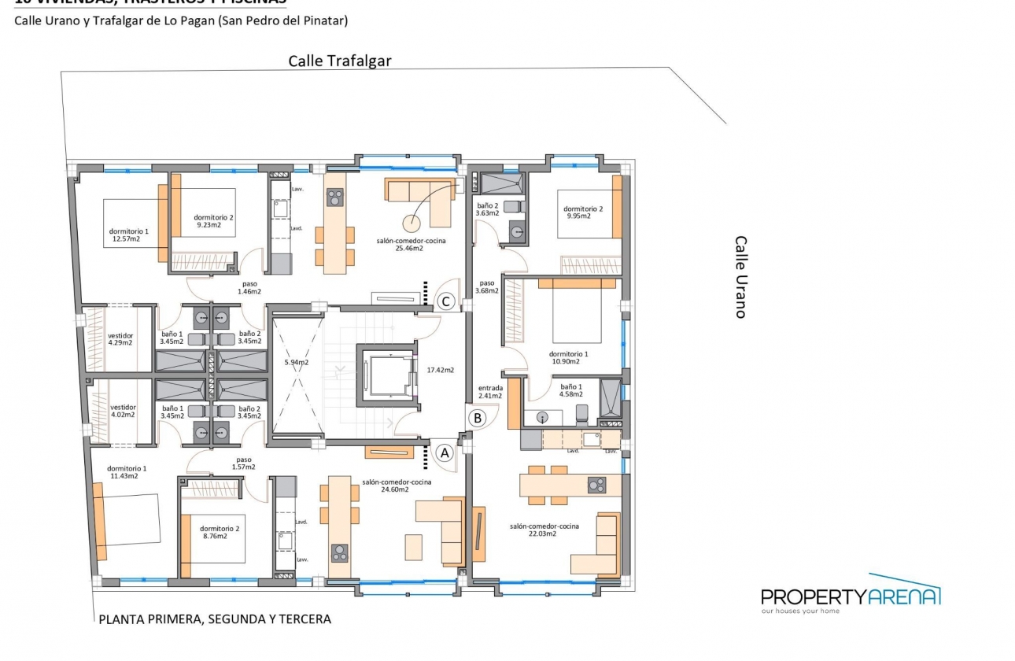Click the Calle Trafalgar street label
click(x=339, y=61)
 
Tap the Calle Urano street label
click(x=740, y=277)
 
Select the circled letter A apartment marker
click(x=444, y=452)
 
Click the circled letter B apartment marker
click(x=477, y=418)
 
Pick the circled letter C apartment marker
click(x=446, y=301)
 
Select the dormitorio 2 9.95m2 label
click(x=583, y=212)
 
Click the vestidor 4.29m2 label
click(x=120, y=338)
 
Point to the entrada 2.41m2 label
click(x=490, y=392)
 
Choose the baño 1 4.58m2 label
click(x=572, y=391)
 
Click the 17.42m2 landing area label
click(x=440, y=369)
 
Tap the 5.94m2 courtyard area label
click(x=297, y=363)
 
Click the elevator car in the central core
click(x=385, y=375)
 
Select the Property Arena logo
click(x=851, y=595)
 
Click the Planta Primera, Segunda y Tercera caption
click(x=215, y=619)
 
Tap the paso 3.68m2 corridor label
click(x=487, y=287)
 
